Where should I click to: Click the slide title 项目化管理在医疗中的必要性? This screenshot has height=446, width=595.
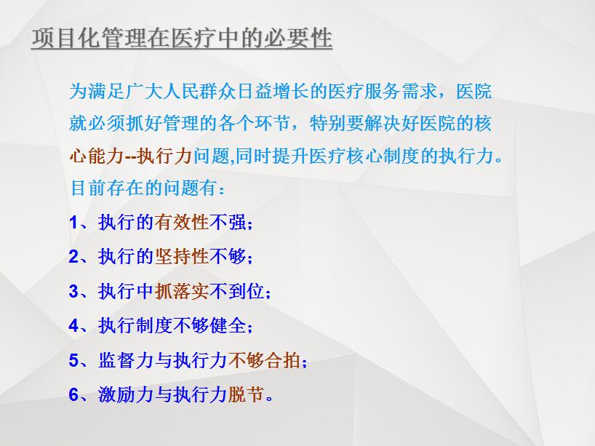click(182, 39)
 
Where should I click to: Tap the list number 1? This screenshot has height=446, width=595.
click(73, 223)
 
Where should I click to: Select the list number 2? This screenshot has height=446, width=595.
click(73, 257)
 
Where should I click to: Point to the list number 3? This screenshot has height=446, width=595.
click(73, 292)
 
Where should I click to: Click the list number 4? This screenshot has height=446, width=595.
click(73, 326)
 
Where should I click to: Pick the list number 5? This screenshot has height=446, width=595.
click(73, 361)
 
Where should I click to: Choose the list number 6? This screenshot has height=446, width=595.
click(73, 395)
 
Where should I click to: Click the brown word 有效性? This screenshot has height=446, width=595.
click(182, 222)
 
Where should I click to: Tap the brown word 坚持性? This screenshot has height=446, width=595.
click(182, 257)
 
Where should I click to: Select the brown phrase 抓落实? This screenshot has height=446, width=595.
click(182, 291)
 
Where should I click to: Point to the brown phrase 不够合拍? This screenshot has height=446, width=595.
click(264, 360)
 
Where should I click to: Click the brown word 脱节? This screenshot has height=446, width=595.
click(246, 394)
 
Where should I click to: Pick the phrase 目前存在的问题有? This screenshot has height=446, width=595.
click(144, 188)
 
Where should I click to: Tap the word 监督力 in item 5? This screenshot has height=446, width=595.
click(126, 360)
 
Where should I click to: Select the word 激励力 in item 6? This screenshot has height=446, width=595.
click(126, 394)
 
